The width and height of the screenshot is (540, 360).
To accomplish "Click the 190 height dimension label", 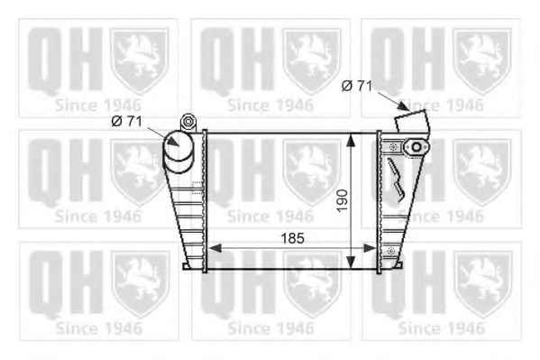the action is click(x=343, y=200).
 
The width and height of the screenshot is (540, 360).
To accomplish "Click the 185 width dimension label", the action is click(x=293, y=238).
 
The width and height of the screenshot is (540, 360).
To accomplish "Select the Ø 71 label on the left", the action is click(x=127, y=121).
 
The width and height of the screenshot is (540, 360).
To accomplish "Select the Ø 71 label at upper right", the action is click(x=357, y=86).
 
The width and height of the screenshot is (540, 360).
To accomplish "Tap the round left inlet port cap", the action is click(x=178, y=146).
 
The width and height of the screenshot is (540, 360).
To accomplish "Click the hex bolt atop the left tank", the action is click(x=188, y=122).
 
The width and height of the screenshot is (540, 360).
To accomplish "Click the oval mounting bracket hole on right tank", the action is click(x=416, y=147).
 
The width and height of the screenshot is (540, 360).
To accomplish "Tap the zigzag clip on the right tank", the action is click(x=397, y=180).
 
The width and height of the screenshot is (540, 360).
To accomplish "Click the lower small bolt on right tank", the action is click(x=390, y=251).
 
